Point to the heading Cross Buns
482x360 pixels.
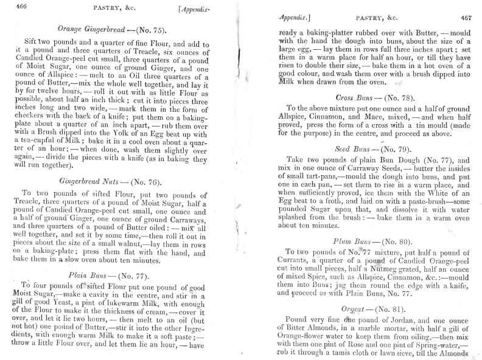(x=355, y=97)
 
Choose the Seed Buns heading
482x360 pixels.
(x=353, y=148)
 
